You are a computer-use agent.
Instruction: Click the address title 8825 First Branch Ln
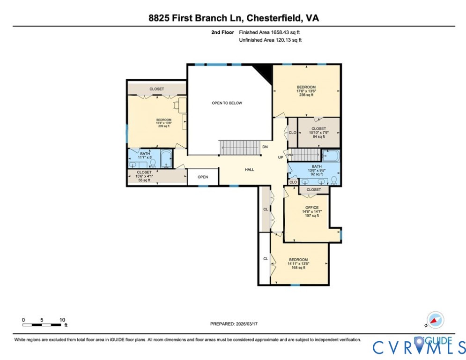(x=233, y=18)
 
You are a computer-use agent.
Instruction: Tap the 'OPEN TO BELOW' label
(x=227, y=103)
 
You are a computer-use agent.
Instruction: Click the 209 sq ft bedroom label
(x=163, y=123)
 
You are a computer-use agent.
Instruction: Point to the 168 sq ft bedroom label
(x=298, y=263)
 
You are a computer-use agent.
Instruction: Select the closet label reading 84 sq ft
(x=318, y=132)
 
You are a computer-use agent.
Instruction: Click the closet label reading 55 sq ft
(x=144, y=176)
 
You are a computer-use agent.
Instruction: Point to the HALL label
(x=250, y=170)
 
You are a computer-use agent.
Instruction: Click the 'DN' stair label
(x=265, y=147)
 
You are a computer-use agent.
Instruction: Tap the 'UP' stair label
(x=281, y=157)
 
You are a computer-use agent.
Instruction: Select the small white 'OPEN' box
(x=203, y=177)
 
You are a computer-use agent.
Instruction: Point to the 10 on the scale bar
(x=62, y=320)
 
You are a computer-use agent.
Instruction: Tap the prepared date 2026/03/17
(x=233, y=324)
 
